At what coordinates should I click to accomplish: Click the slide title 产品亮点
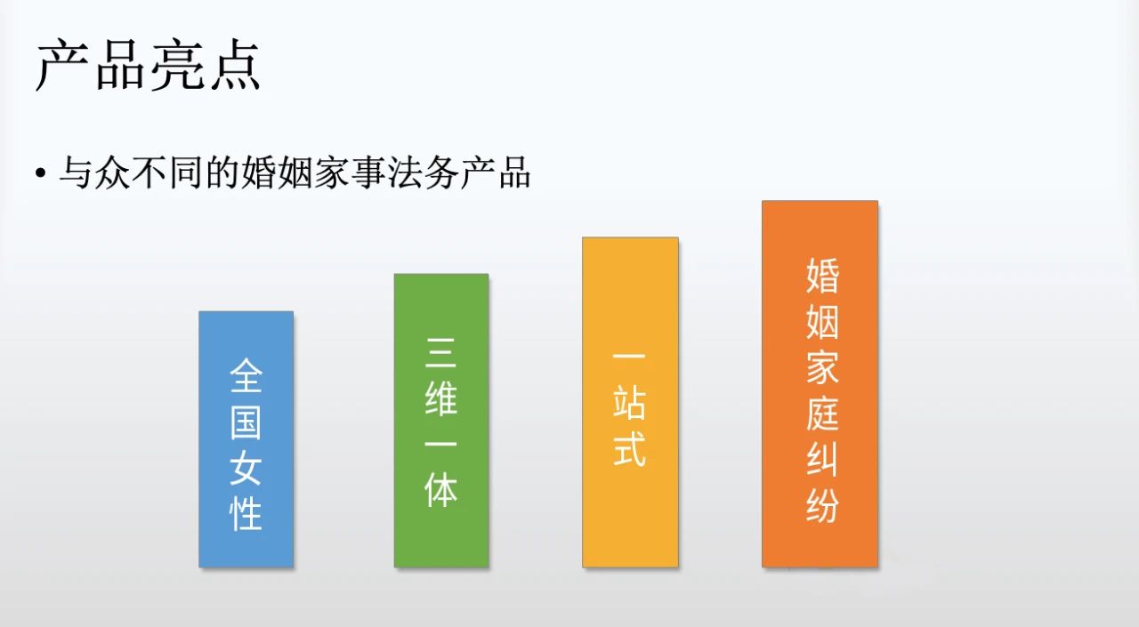click(x=148, y=64)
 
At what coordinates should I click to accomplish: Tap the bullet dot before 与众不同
click(x=40, y=173)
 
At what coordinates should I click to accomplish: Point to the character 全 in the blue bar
click(x=246, y=375)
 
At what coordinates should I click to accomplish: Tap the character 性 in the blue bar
click(x=246, y=514)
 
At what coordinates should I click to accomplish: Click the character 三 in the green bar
click(x=441, y=352)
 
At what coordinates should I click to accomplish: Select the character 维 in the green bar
click(x=441, y=398)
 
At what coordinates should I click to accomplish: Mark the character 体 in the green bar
click(x=441, y=490)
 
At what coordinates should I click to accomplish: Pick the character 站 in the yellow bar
click(x=630, y=405)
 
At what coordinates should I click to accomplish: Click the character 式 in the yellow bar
click(x=630, y=451)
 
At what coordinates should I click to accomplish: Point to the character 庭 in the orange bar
click(x=822, y=414)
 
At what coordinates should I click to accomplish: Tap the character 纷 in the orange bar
click(x=822, y=507)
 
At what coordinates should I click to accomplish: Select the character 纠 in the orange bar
click(x=822, y=461)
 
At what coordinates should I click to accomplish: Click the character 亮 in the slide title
click(x=175, y=64)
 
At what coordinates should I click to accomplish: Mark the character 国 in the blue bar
click(x=246, y=422)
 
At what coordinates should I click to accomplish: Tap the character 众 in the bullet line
click(x=105, y=172)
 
